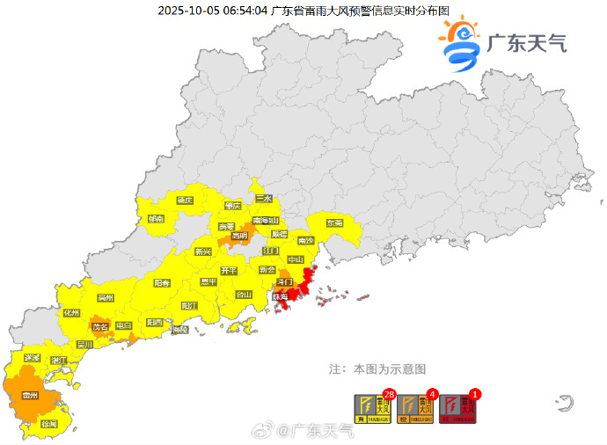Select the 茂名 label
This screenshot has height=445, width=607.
99,326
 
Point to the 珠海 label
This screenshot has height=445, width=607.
279,297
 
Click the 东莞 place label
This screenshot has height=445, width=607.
334,223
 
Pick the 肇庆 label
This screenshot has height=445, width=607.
233,206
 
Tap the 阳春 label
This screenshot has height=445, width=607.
163,283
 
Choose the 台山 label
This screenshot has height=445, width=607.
245,295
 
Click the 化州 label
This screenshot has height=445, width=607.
71,312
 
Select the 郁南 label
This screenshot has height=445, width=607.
156,219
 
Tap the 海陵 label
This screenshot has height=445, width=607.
180,329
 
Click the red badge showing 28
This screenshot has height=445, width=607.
387,394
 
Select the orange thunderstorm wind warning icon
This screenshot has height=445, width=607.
416,408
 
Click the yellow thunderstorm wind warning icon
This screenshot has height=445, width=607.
373,408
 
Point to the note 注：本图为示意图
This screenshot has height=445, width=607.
377,368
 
